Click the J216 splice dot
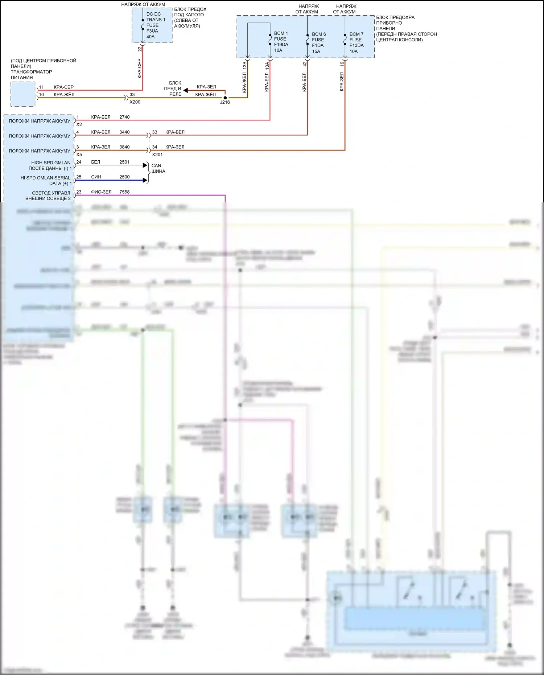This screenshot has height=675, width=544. click(x=225, y=98)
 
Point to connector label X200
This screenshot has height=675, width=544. click(x=135, y=102)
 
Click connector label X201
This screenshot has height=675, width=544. click(x=157, y=155)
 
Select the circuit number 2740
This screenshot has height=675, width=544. click(x=124, y=117)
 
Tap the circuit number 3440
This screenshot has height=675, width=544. click(x=124, y=132)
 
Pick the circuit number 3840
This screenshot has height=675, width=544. click(x=124, y=147)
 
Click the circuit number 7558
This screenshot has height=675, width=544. click(x=124, y=192)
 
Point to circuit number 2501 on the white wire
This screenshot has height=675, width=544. click(x=124, y=162)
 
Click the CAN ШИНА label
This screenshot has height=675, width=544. click(x=158, y=168)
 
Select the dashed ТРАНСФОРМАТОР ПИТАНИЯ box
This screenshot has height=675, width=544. click(x=23, y=94)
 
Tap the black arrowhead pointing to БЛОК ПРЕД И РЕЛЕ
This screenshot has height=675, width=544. click(x=185, y=90)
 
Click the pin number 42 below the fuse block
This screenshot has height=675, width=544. click(x=305, y=63)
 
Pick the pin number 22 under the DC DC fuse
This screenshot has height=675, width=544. click(x=140, y=49)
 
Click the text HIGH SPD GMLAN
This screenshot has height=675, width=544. click(x=51, y=163)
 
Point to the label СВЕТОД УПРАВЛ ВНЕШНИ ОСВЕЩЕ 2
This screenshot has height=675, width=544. click(x=48, y=196)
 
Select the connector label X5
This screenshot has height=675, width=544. click(x=79, y=155)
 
